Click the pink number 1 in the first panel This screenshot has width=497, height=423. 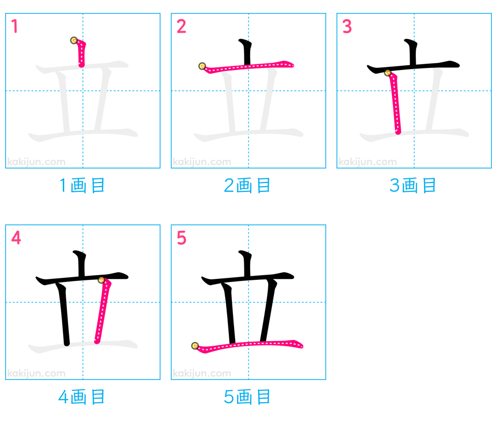click(x=14, y=26)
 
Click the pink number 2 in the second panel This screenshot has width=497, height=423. click(x=181, y=26)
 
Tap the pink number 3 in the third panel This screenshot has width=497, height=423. click(x=347, y=26)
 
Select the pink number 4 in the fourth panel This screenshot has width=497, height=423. click(x=16, y=238)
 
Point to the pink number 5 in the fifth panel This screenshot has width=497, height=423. click(x=181, y=238)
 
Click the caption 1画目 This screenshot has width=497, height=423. click(x=82, y=186)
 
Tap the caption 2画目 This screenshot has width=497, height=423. click(x=247, y=186)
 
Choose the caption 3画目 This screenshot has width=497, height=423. click(x=413, y=186)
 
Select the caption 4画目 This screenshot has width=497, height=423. click(x=82, y=397)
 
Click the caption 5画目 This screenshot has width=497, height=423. click(x=247, y=397)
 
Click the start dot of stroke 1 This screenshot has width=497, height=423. click(x=74, y=40)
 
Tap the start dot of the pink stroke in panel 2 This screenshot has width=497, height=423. click(x=202, y=66)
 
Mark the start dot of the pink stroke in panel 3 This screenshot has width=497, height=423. click(x=388, y=73)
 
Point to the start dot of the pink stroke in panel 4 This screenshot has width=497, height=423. click(x=101, y=280)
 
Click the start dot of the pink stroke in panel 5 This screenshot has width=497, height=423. click(x=195, y=346)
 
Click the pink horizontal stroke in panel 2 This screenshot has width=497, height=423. click(x=248, y=67)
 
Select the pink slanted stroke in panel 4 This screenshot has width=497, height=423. click(x=103, y=311)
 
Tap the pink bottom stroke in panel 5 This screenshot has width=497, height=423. click(x=248, y=345)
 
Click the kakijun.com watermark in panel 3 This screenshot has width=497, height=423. click(x=368, y=162)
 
